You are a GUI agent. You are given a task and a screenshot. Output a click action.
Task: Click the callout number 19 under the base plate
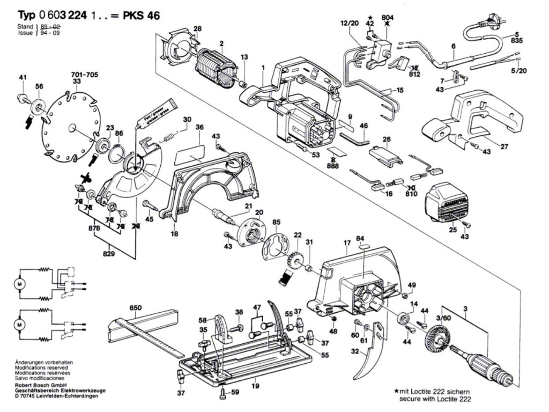[256, 386]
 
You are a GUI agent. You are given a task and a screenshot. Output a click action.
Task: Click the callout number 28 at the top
[197, 28]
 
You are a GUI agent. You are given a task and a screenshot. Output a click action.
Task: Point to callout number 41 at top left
[22, 78]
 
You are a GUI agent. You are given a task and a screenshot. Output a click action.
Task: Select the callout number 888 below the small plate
[333, 166]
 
